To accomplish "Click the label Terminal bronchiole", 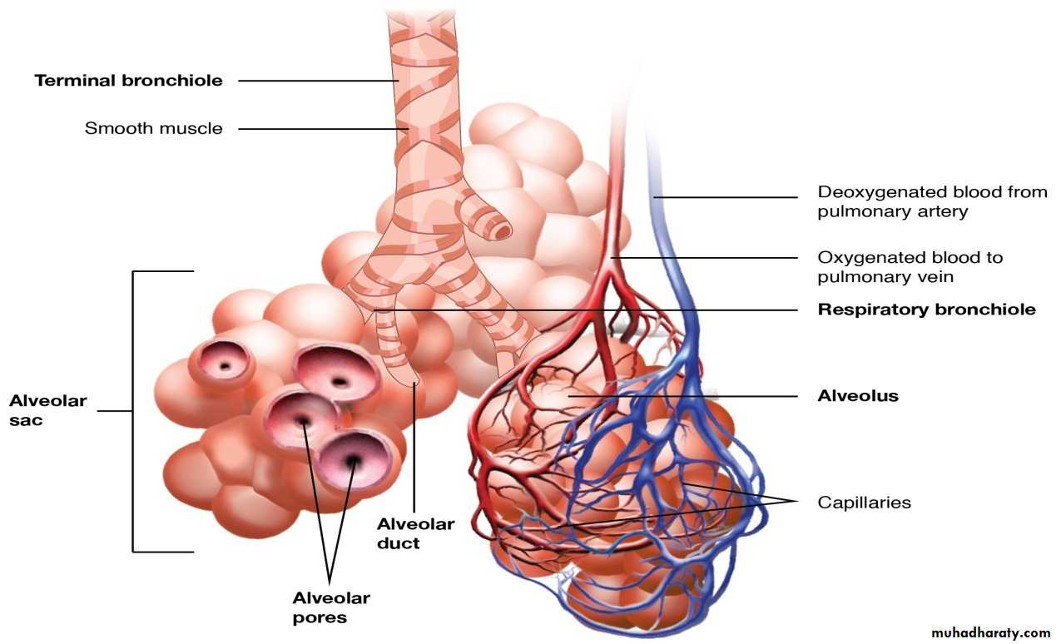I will pyautogui.click(x=128, y=81).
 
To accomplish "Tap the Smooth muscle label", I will pyautogui.click(x=153, y=129).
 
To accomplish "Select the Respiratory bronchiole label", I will pyautogui.click(x=926, y=310).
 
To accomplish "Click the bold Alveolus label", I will pyautogui.click(x=858, y=396).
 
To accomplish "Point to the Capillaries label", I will pyautogui.click(x=865, y=503).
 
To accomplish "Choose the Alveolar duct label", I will pyautogui.click(x=415, y=533).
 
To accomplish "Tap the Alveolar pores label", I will pyautogui.click(x=330, y=607).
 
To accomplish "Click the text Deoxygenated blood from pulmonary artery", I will pyautogui.click(x=932, y=201).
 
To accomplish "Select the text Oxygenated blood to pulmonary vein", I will pyautogui.click(x=910, y=266).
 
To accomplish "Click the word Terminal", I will pyautogui.click(x=75, y=81).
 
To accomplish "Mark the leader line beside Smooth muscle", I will pyautogui.click(x=316, y=129).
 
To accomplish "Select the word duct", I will pyautogui.click(x=399, y=544).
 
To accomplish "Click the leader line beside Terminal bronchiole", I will pyautogui.click(x=316, y=81).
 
